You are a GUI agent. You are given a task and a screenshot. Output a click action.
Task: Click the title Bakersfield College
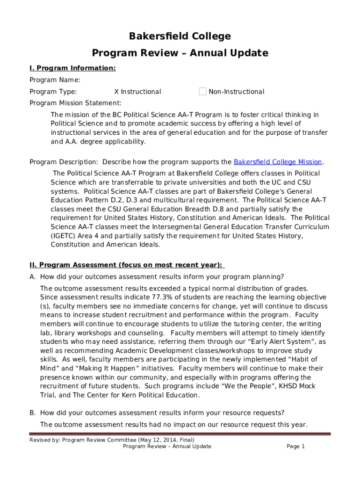(180, 36)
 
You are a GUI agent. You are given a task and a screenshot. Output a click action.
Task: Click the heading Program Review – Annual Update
(180, 53)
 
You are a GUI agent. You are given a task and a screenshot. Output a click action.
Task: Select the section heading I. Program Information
(72, 68)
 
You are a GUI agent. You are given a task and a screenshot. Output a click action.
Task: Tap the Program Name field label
(55, 80)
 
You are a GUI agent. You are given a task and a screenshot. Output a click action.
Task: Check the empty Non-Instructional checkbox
(202, 92)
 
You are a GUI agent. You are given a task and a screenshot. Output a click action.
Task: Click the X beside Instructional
(117, 92)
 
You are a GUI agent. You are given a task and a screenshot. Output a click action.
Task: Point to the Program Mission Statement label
(75, 103)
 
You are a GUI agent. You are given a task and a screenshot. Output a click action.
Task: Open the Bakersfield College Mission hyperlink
(278, 162)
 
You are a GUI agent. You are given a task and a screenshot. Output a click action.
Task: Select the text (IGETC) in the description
(63, 236)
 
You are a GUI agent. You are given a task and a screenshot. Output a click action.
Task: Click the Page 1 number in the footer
(295, 446)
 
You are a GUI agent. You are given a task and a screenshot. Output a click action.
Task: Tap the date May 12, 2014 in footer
(158, 440)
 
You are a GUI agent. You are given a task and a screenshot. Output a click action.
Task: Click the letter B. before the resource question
(33, 413)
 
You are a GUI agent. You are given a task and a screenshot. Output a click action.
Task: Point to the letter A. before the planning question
(33, 276)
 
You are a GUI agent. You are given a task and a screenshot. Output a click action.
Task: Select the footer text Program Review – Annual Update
(167, 446)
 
